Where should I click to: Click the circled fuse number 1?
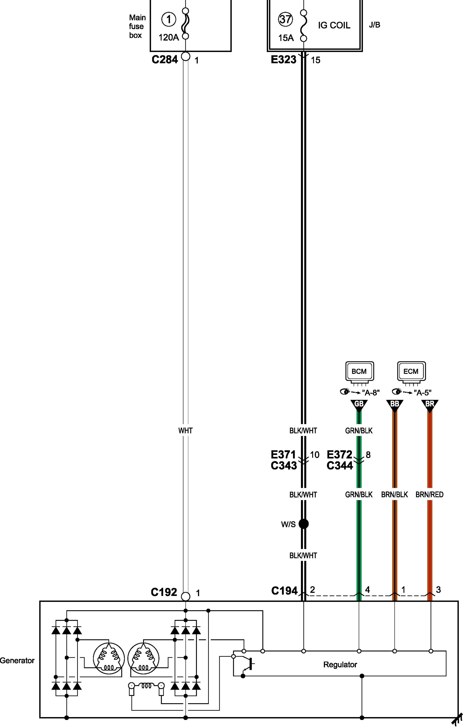click(169, 20)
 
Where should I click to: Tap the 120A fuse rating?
click(169, 37)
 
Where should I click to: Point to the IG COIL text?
click(334, 25)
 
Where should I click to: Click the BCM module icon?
click(359, 372)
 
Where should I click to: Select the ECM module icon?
click(411, 372)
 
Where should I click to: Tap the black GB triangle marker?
click(359, 405)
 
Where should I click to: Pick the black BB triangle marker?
click(394, 405)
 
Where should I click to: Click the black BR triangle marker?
click(430, 405)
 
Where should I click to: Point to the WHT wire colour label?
click(185, 431)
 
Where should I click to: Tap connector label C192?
click(164, 592)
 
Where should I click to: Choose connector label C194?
click(284, 591)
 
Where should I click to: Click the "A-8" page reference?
click(371, 393)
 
